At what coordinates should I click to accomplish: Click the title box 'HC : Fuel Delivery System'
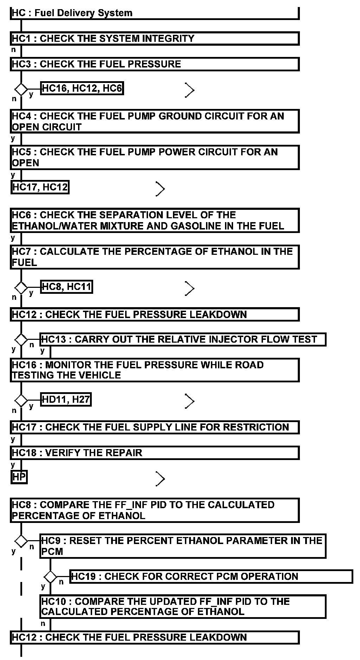coord(154,13)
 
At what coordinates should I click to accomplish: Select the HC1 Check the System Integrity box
coord(154,39)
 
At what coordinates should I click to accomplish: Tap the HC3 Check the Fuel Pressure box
coord(154,64)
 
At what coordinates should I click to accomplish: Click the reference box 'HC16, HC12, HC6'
coord(82,89)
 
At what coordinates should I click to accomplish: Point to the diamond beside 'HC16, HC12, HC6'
coord(21,89)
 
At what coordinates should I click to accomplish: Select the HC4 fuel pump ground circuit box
coord(154,121)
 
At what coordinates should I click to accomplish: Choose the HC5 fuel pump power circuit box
coord(154,157)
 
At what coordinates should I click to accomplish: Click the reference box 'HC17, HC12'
coord(40,187)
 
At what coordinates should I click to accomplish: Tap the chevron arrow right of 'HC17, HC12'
coord(160,189)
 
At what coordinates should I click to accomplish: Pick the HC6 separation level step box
coord(154,220)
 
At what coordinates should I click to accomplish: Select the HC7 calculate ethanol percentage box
coord(154,257)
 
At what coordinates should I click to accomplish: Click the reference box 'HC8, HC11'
coord(66,287)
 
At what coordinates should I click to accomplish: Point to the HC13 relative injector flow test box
coord(182,339)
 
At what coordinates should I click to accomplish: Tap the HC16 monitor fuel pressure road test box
coord(154,370)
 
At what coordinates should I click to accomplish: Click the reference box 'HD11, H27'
coord(66,400)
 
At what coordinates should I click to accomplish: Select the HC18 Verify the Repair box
coord(154,453)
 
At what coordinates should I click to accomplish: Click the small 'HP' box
coord(19,477)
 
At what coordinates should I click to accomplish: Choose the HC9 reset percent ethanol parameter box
coord(182,546)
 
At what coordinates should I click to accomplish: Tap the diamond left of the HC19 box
coord(50,577)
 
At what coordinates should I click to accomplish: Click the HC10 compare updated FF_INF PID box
coord(182,606)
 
